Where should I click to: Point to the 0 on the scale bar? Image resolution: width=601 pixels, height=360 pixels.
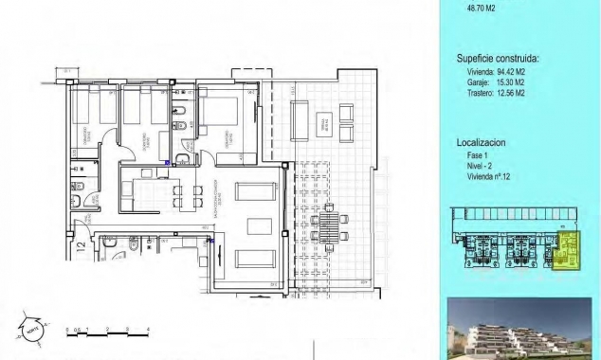click(x=67, y=328)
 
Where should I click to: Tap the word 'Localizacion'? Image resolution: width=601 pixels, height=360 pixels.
click(x=481, y=142)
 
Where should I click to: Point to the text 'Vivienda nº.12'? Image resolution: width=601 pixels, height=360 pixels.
click(x=482, y=177)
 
